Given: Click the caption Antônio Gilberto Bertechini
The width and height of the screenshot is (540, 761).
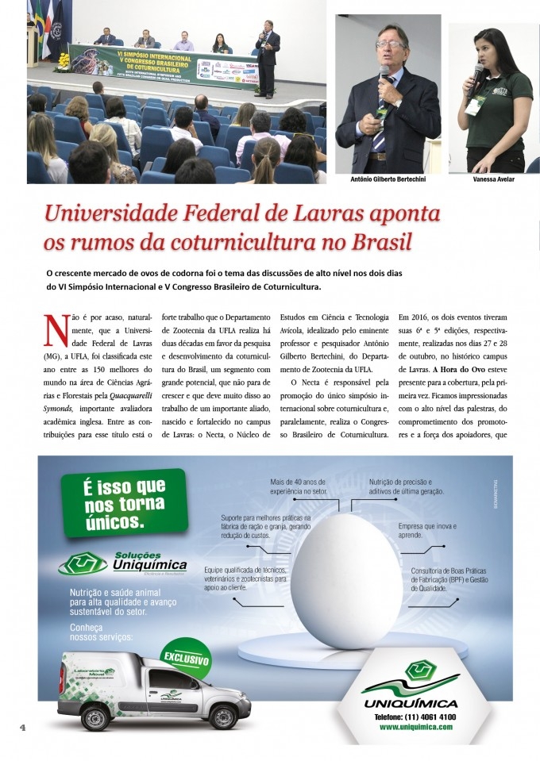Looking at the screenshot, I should click(387, 179).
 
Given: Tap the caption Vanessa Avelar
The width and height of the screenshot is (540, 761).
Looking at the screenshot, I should click(492, 179).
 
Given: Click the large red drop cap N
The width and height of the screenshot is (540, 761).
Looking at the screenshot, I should click(55, 329).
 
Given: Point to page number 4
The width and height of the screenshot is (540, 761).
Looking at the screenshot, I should click(23, 728).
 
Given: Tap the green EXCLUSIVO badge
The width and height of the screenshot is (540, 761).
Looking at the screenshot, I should click(187, 658).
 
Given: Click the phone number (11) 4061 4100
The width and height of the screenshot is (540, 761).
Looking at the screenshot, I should click(415, 717).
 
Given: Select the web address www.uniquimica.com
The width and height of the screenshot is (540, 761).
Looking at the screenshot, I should click(415, 727).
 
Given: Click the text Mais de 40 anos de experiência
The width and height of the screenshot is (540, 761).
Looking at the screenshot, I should click(299, 486).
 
